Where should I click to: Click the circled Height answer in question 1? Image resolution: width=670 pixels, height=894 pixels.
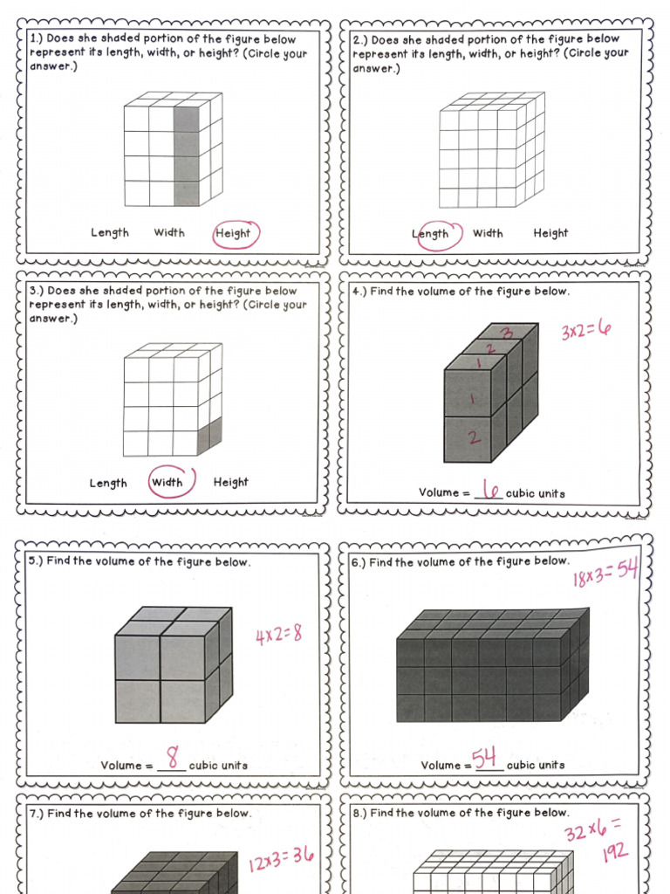point(234,233)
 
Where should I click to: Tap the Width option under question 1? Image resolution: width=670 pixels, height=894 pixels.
point(169,232)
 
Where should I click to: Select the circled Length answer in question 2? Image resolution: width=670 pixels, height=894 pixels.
point(431,234)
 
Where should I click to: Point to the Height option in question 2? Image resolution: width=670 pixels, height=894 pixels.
point(550,233)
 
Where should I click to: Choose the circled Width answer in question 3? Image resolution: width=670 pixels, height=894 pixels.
point(167,483)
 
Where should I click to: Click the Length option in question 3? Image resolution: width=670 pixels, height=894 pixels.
point(109,484)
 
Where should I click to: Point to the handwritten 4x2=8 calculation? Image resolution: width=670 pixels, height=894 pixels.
point(278,634)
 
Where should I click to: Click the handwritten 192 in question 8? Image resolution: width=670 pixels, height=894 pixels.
point(615,851)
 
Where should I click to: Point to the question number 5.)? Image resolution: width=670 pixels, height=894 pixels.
point(36,561)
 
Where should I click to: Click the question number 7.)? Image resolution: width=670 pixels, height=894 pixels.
point(36,814)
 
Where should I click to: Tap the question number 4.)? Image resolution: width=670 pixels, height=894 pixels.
point(359,292)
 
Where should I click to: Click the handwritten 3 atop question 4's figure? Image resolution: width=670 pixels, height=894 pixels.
point(507,333)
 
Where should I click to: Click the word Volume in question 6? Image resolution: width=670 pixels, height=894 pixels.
point(440,766)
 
